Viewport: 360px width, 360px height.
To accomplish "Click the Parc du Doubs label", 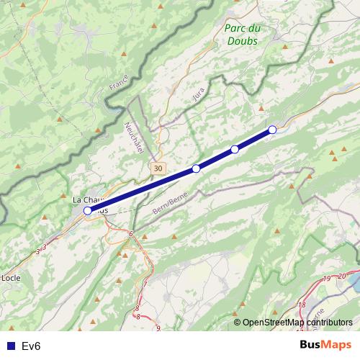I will coord(242,35).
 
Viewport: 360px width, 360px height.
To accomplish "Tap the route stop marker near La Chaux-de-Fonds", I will coord(88,210).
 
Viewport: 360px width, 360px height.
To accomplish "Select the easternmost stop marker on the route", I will coord(272,130).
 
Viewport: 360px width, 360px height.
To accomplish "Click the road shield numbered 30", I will coord(158,167).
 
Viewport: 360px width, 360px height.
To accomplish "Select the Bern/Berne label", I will coord(170,202).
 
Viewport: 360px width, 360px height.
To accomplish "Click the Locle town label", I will coord(11,277).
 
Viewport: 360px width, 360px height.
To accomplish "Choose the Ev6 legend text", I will coord(31,346).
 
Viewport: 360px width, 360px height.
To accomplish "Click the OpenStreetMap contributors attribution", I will coord(297,323).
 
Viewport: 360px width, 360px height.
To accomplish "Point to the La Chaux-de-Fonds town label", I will coord(90,200).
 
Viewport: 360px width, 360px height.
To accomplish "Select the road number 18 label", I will coord(302,305).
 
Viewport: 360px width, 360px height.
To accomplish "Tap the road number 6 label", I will coord(131,233).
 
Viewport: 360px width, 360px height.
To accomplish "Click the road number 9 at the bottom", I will coord(158,328).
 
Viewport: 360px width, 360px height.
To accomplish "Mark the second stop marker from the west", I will coord(196,169).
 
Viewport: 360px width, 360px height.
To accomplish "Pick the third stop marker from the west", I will coord(235,149).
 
